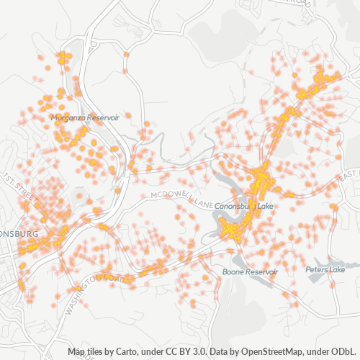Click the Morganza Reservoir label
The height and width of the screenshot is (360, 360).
pos(85,117)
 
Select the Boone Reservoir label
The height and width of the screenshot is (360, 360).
pos(250,272)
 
